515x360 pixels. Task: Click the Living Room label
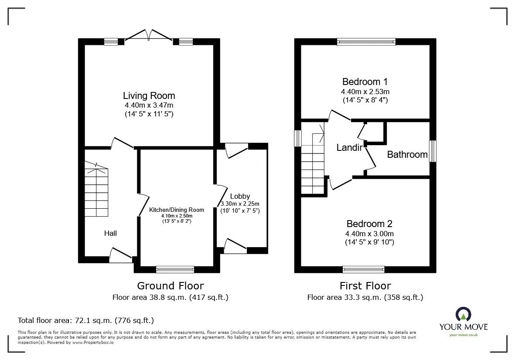(x=149, y=95)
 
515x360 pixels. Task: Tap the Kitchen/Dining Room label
(x=177, y=210)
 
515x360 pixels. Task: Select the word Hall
(x=110, y=233)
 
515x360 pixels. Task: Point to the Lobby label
(x=240, y=196)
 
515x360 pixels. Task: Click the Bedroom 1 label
(x=365, y=82)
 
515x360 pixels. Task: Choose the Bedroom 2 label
(x=369, y=224)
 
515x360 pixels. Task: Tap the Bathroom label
(x=407, y=155)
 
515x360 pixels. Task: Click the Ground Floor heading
(x=170, y=285)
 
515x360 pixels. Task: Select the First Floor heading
(x=365, y=285)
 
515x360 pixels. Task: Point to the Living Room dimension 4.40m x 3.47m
(x=149, y=105)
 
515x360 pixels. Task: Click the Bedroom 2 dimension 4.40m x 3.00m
(x=369, y=234)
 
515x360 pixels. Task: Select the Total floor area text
(x=86, y=320)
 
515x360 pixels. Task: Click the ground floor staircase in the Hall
(x=96, y=189)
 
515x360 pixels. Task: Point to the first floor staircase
(x=313, y=158)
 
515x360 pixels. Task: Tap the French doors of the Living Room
(x=149, y=35)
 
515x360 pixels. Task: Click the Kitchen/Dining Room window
(x=175, y=269)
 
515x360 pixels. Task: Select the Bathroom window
(x=433, y=151)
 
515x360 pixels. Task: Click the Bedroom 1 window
(x=366, y=41)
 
